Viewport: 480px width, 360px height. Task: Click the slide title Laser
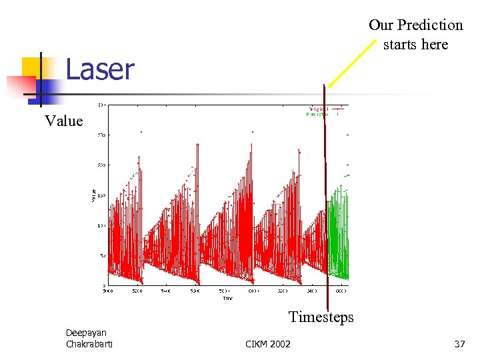[100, 70]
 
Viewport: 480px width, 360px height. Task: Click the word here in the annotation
[434, 45]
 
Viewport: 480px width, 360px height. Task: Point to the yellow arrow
[349, 64]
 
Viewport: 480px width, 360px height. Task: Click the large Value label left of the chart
[64, 121]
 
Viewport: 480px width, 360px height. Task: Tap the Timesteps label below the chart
[321, 317]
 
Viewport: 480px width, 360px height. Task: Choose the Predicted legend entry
[322, 114]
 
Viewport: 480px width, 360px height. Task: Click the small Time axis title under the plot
[227, 297]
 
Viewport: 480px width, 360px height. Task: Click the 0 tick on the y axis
[101, 286]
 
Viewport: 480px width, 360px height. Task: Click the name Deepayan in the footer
[86, 333]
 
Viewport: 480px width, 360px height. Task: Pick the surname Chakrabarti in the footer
[89, 344]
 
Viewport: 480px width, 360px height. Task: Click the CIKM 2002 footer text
[268, 344]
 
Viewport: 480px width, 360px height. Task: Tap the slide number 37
[459, 344]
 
